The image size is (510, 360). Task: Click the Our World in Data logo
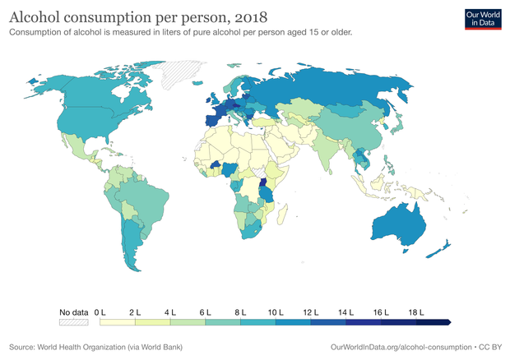[x=483, y=19]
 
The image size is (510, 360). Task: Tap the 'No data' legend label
[x=74, y=312]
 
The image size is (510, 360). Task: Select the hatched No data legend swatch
[x=74, y=323]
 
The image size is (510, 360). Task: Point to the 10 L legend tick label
[x=276, y=312]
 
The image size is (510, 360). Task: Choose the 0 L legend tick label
[x=101, y=312]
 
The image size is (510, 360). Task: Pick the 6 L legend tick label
[x=206, y=312]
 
